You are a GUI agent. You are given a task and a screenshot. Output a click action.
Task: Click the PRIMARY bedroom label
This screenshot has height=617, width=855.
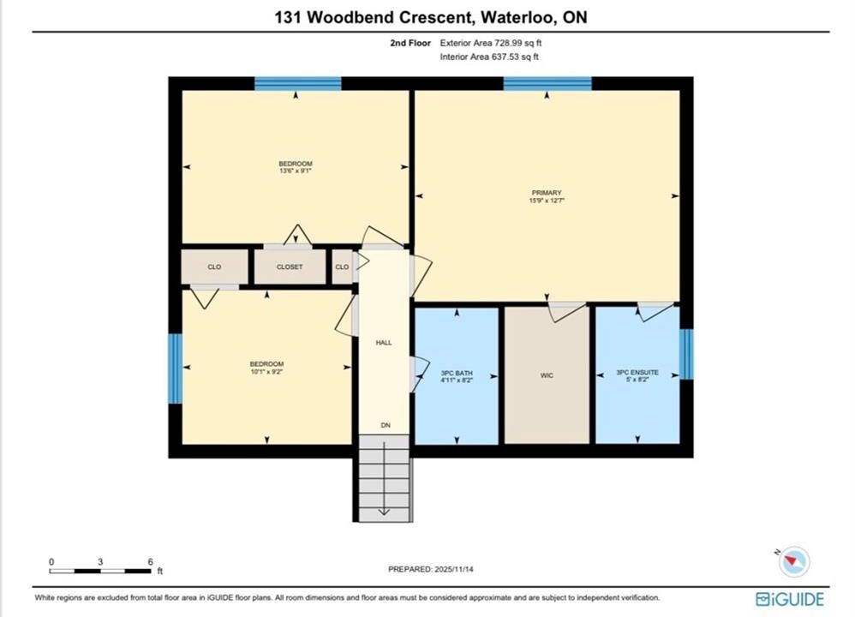tap(547, 193)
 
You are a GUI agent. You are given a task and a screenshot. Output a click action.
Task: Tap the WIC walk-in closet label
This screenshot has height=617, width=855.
tap(547, 375)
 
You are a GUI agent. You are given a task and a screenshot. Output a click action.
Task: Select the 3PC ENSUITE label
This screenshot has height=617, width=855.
tap(637, 372)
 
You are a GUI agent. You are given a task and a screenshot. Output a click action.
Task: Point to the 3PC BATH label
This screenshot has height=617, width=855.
tap(457, 373)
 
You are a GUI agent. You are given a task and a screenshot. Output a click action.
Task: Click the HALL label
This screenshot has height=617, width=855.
tap(384, 343)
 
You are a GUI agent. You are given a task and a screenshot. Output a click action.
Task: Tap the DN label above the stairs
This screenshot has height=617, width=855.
tap(386, 425)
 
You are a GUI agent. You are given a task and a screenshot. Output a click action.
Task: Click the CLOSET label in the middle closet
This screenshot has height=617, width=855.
tap(290, 267)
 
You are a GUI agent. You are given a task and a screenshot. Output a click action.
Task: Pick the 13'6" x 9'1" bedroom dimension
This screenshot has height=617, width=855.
tap(296, 171)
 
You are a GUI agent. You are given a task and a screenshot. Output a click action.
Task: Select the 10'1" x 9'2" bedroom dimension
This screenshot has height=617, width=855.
tap(266, 372)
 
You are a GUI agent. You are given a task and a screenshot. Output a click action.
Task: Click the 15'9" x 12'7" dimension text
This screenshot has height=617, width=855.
tap(547, 201)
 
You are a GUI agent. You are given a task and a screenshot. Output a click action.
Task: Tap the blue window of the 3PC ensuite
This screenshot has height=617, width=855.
tap(686, 354)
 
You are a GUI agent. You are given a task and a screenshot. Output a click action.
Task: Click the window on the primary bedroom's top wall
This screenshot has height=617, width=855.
tap(547, 83)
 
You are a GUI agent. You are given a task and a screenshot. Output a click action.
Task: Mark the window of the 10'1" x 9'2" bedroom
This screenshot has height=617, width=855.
tap(175, 368)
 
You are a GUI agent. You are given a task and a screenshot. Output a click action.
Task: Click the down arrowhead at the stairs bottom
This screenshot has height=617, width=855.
tap(384, 512)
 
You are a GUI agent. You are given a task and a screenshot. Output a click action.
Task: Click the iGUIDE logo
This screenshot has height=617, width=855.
tap(790, 599)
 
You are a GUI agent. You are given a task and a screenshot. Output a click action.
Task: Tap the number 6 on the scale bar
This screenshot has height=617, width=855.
tap(151, 561)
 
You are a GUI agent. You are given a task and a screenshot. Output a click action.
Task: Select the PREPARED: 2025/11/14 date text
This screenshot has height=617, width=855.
tap(431, 569)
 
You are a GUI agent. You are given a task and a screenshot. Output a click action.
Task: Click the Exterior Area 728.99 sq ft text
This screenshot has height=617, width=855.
tap(491, 43)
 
